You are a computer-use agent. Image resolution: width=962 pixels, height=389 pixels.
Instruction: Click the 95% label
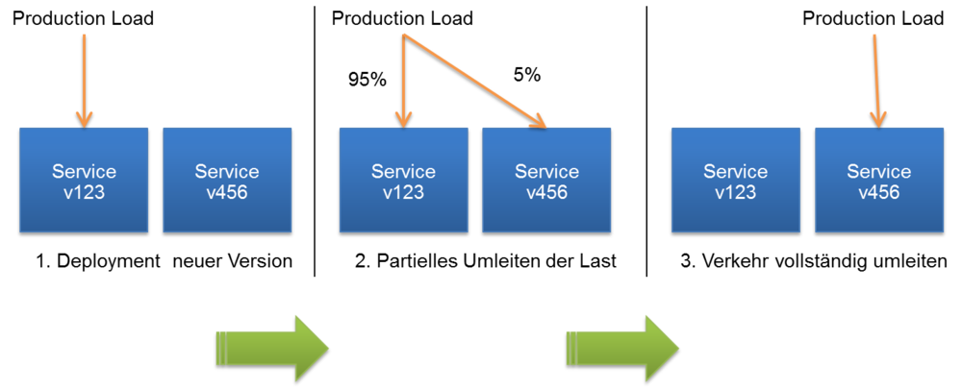[x=367, y=79]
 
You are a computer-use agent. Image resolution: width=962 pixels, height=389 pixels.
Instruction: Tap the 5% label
[x=526, y=75]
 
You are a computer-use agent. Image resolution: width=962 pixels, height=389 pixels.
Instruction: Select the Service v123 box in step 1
[x=84, y=181]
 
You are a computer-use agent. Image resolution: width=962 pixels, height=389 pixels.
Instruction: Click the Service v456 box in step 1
[x=227, y=181]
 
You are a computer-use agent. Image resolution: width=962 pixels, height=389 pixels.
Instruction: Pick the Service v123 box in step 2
[x=404, y=181]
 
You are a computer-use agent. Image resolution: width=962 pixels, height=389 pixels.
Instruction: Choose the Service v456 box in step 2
[x=546, y=181]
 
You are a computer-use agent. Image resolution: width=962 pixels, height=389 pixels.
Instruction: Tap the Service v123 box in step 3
[x=735, y=181]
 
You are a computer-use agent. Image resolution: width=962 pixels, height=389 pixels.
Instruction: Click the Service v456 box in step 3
[x=878, y=181]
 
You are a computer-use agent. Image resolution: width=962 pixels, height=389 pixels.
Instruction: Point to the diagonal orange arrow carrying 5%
[x=475, y=82]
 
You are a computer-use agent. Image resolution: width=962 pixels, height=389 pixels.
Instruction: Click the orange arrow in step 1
[x=84, y=81]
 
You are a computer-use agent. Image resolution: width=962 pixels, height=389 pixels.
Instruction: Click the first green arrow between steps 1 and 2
[x=272, y=348]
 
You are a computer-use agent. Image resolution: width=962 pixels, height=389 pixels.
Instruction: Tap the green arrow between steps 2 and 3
[x=622, y=348]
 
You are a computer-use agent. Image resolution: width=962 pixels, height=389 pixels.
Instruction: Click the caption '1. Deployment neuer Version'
[x=164, y=261]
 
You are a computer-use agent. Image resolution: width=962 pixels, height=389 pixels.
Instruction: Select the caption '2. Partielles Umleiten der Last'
[x=485, y=261]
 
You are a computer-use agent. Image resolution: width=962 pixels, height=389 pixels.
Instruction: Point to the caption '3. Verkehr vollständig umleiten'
[x=814, y=261]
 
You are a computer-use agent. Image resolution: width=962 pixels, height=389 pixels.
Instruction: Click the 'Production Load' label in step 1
[x=83, y=18]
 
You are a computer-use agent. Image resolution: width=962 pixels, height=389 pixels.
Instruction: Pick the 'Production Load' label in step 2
[x=402, y=18]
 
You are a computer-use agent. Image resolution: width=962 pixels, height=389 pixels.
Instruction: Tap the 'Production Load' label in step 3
[x=873, y=18]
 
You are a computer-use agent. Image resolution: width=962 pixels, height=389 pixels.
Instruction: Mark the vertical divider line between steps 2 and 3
[x=646, y=141]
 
